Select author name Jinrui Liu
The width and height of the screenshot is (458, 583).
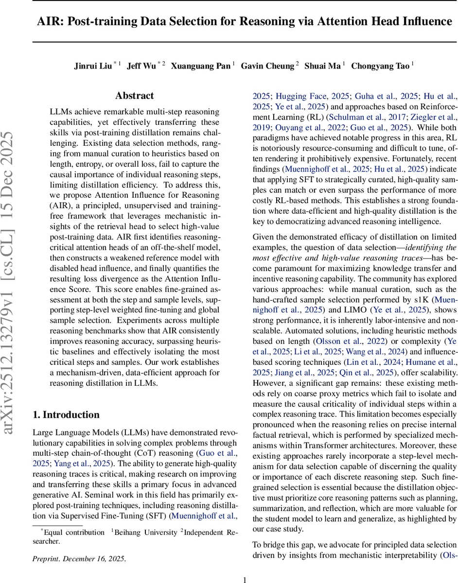92,66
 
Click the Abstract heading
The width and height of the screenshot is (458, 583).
134,96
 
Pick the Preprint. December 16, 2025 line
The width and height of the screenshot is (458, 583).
79,558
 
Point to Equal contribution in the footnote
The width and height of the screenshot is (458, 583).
72,532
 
